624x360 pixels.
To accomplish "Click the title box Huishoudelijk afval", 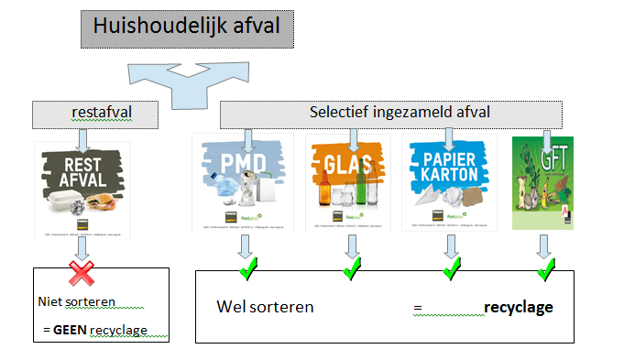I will [187, 28].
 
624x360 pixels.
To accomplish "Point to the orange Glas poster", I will [347, 181].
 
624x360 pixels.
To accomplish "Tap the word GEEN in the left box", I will [71, 329].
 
